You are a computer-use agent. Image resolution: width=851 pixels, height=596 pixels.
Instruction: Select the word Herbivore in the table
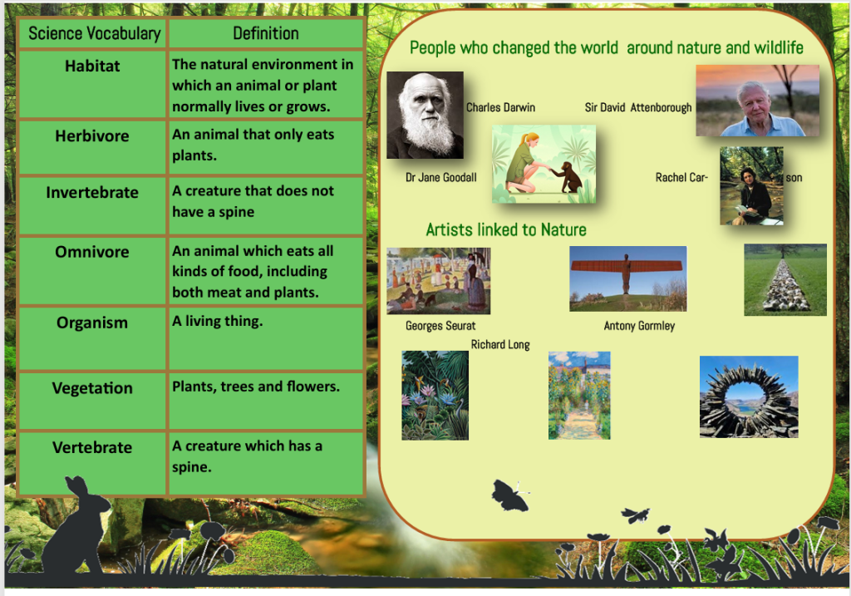click(92, 135)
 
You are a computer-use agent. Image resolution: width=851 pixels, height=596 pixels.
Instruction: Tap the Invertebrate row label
click(92, 192)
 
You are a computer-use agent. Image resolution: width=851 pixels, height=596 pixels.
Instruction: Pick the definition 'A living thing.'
click(217, 322)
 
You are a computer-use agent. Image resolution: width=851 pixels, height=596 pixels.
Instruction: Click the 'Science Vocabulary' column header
click(95, 33)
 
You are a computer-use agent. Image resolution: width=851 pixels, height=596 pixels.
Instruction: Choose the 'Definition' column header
click(266, 33)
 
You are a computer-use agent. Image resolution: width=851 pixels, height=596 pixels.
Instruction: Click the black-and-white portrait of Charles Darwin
click(425, 115)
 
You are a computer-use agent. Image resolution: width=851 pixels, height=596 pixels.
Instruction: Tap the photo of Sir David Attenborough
click(758, 101)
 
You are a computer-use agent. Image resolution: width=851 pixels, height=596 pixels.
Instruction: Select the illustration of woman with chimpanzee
click(544, 164)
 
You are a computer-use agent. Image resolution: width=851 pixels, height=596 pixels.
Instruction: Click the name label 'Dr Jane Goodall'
click(441, 178)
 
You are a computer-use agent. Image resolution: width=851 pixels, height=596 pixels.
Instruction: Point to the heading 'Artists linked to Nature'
click(506, 229)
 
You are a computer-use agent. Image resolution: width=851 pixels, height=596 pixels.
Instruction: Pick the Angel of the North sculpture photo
click(628, 278)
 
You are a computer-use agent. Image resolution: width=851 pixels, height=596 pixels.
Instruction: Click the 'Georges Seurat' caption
click(440, 326)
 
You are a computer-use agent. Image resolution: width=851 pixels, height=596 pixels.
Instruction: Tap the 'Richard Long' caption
click(500, 345)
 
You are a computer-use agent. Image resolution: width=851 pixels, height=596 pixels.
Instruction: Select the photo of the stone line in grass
click(785, 279)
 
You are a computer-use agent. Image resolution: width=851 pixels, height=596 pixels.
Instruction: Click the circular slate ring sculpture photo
click(749, 397)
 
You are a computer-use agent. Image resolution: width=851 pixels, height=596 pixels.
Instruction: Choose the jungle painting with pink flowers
click(435, 395)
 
